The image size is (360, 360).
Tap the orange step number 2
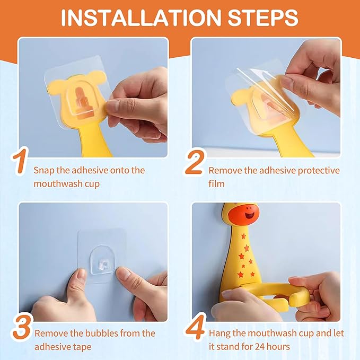[x=194, y=164]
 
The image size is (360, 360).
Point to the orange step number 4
[x=195, y=328]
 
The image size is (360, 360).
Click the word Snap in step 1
[x=43, y=170]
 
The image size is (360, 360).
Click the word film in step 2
[x=216, y=184]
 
